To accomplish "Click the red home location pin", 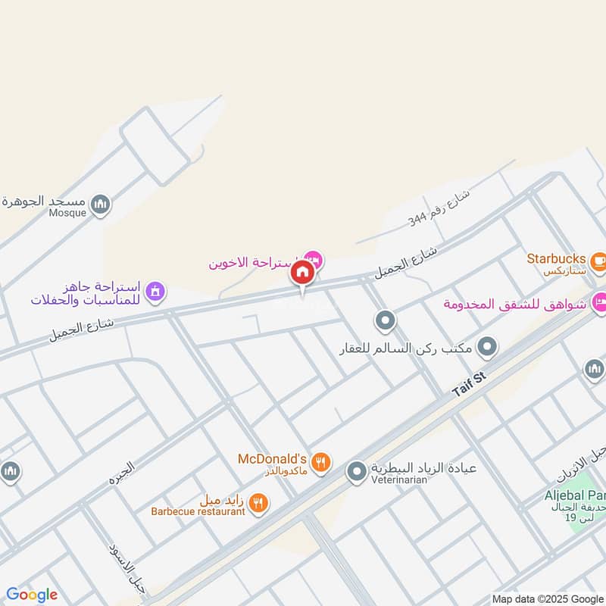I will [x=302, y=273].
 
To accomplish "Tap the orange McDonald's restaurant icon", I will [x=322, y=461].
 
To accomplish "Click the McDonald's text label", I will [x=271, y=459].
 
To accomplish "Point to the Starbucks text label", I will [x=556, y=257].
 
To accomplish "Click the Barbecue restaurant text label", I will [x=198, y=511].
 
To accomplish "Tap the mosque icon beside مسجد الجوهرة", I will [x=101, y=204].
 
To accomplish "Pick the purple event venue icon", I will [x=155, y=292].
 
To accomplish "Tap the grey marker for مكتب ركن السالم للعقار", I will [x=489, y=348].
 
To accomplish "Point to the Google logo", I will [x=32, y=594].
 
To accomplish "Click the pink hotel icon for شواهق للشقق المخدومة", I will [x=599, y=301].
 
